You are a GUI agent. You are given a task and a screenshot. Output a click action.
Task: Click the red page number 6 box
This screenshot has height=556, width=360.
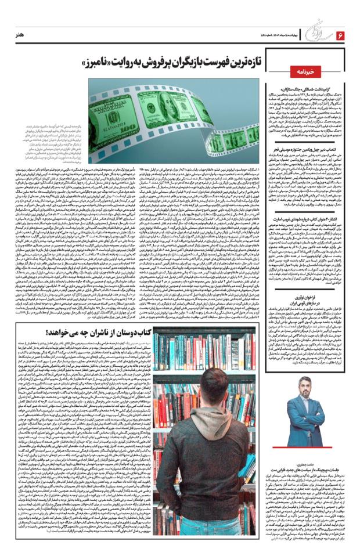point(340,35)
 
